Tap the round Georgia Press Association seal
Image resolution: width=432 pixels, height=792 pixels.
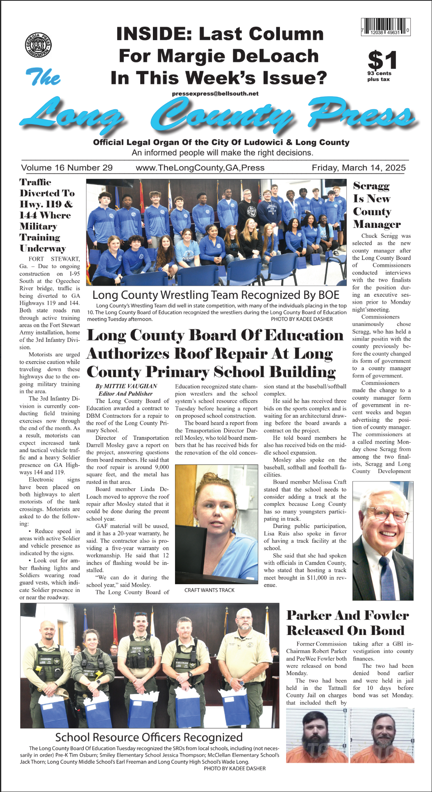(x=38, y=45)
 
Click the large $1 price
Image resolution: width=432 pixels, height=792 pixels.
(x=382, y=60)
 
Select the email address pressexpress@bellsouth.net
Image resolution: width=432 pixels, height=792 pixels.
(x=215, y=93)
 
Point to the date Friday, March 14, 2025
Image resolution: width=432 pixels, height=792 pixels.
(x=358, y=168)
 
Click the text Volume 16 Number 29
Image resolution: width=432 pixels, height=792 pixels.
(x=67, y=168)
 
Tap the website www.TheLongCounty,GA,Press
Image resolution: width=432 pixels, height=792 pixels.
(x=200, y=168)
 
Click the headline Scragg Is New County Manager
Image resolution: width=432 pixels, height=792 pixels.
(x=376, y=205)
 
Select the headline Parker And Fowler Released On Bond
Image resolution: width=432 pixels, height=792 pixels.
(x=348, y=623)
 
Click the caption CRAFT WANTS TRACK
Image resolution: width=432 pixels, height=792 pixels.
(x=209, y=590)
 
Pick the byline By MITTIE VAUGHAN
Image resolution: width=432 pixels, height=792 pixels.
(x=126, y=386)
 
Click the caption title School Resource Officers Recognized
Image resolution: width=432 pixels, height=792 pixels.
(x=149, y=737)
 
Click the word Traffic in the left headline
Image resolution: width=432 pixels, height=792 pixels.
(x=35, y=182)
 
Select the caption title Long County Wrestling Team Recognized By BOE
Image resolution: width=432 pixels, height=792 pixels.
(x=216, y=295)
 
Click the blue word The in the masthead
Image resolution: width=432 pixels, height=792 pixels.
(x=43, y=77)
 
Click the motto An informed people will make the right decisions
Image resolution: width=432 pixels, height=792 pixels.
(x=222, y=153)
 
